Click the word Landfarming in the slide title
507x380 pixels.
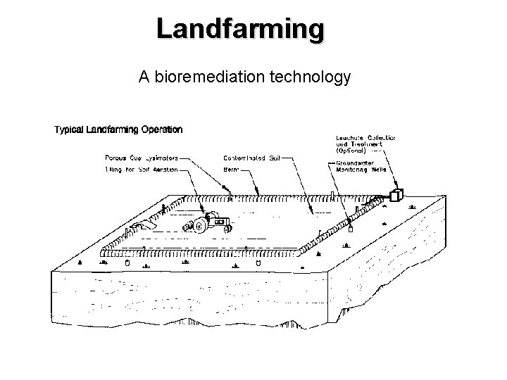[241, 30]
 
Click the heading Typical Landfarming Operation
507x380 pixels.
[118, 129]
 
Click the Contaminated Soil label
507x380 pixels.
[251, 158]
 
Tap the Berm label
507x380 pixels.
[231, 169]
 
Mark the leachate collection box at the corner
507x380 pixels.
[397, 196]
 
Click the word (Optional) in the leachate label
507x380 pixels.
[351, 150]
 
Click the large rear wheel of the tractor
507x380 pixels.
[199, 227]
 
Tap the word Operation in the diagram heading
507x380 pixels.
[162, 129]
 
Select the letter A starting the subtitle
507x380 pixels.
[144, 77]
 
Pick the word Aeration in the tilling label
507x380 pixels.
[162, 169]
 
